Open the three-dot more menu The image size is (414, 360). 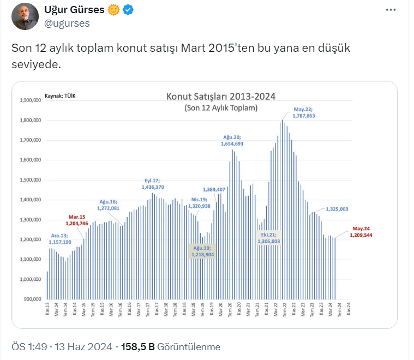click(x=391, y=10)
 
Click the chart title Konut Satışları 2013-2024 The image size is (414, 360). click(x=220, y=97)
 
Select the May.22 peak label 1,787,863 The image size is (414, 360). click(x=304, y=112)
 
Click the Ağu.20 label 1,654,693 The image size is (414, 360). click(x=232, y=140)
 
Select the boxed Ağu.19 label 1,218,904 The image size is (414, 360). click(x=202, y=251)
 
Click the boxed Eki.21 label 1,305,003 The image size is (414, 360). click(x=269, y=238)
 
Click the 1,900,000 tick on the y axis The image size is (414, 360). click(x=31, y=100)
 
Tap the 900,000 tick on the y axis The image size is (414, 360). click(x=32, y=299)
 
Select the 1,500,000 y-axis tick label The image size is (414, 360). click(x=31, y=180)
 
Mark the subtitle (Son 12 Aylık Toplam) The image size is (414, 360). click(x=221, y=108)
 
